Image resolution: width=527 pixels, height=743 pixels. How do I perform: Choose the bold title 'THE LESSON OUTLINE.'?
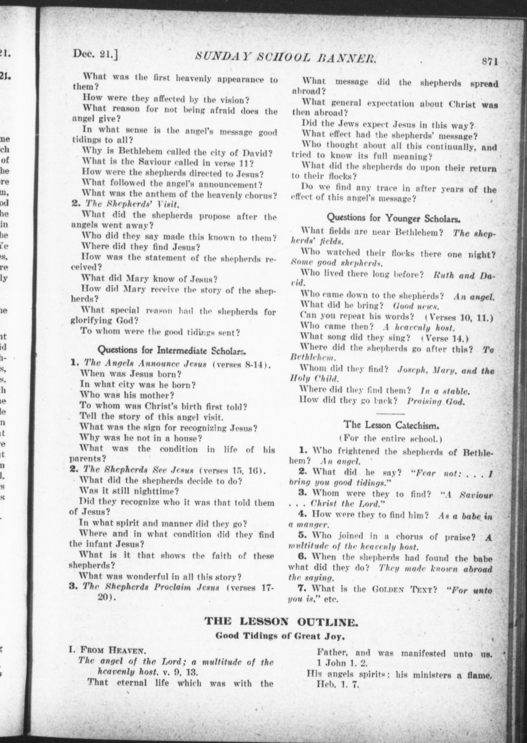tap(281, 622)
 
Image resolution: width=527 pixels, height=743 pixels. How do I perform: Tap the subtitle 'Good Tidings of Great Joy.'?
tap(280, 636)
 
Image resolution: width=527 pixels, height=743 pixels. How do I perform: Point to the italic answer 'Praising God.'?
tap(436, 401)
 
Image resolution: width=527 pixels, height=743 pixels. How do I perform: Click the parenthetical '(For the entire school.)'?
tap(390, 438)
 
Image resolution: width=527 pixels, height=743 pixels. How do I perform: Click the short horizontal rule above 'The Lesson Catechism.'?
tap(390, 413)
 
